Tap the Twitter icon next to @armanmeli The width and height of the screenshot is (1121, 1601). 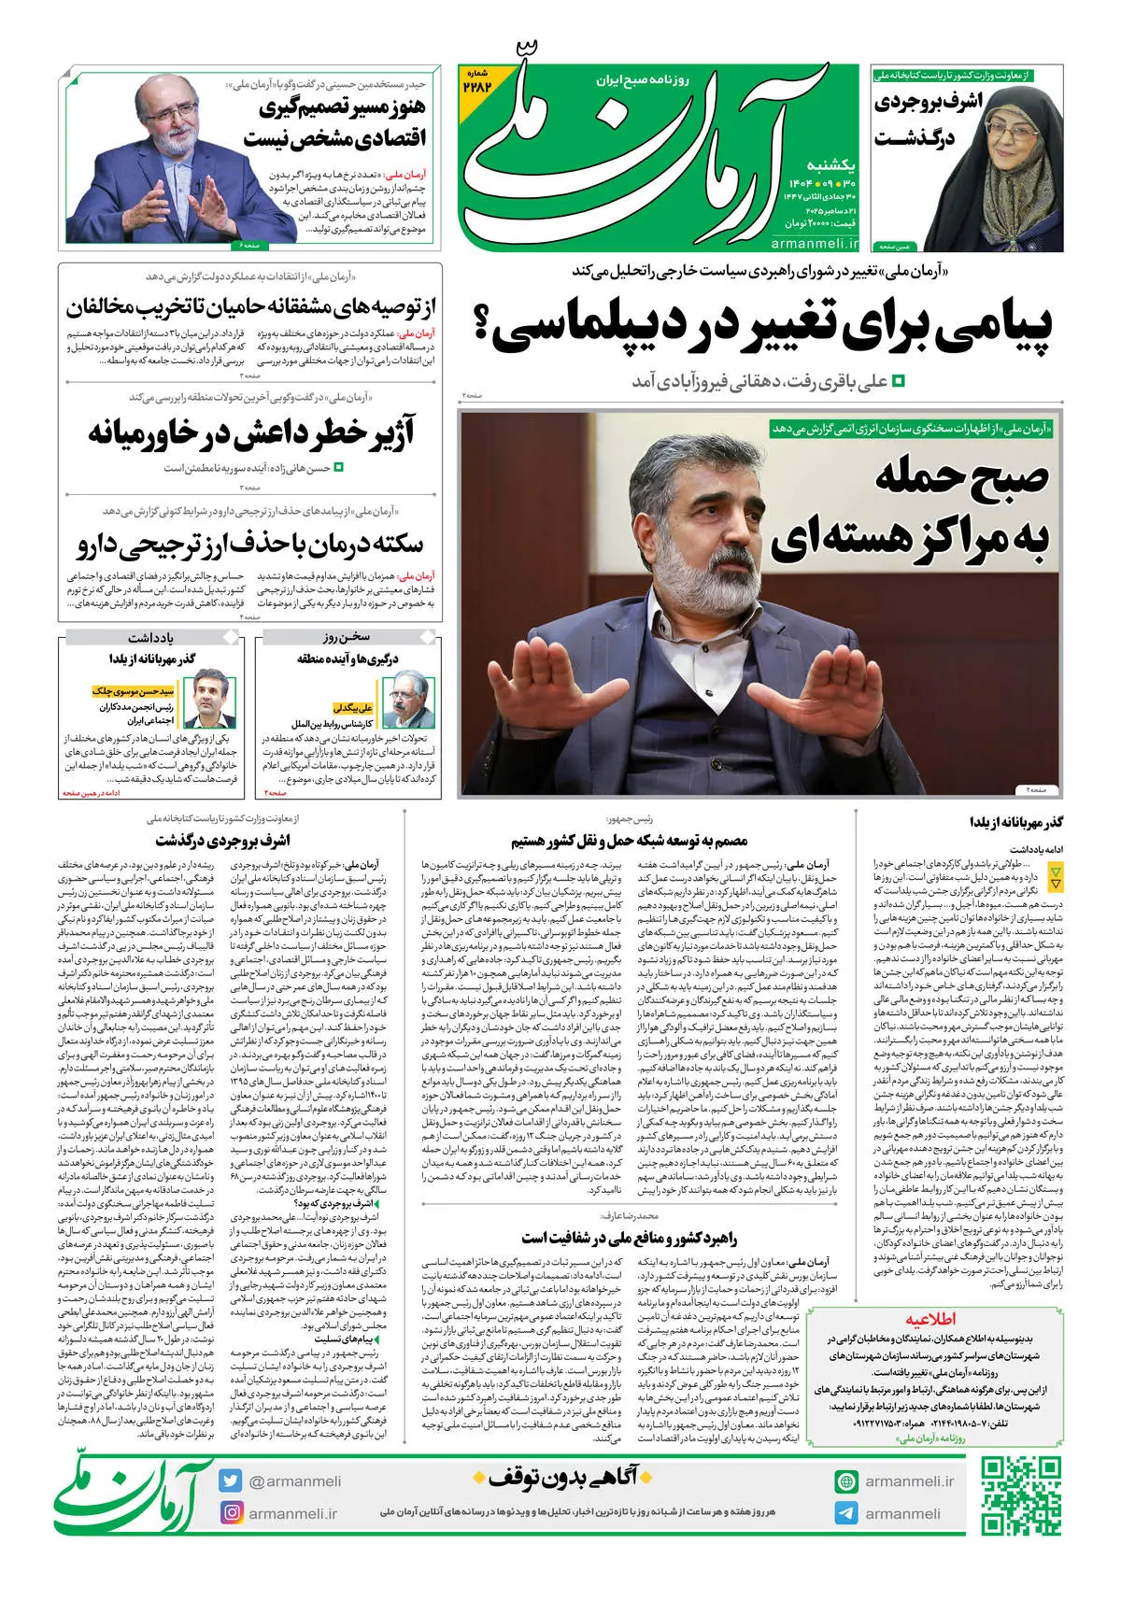[x=232, y=1481]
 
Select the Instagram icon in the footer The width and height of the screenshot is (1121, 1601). [x=232, y=1512]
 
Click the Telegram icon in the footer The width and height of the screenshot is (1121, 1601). [x=846, y=1513]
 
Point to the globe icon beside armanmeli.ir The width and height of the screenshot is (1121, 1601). [x=846, y=1481]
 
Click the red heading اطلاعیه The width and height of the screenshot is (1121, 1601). [x=929, y=1320]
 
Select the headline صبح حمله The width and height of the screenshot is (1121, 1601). [x=962, y=477]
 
